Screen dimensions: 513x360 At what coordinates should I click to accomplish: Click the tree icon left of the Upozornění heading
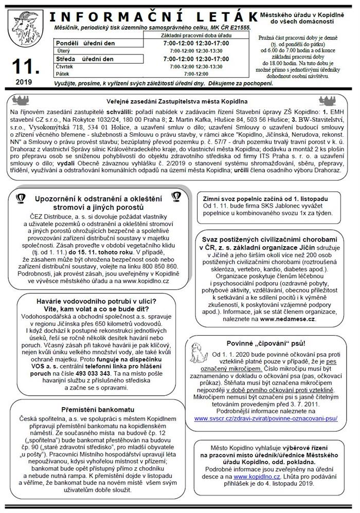[21, 197]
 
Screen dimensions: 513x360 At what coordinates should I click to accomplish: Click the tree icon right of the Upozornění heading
[175, 197]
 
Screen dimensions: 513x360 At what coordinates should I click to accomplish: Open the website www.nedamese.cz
[287, 319]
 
